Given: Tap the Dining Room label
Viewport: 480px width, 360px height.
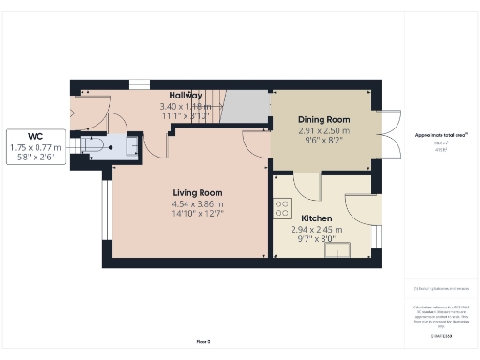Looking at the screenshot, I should pos(323,120).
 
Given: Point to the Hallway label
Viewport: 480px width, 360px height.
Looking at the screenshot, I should pos(186,96).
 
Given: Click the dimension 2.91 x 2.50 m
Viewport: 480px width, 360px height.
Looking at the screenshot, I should pos(323,131).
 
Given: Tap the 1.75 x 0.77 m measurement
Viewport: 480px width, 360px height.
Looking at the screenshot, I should pos(37,147).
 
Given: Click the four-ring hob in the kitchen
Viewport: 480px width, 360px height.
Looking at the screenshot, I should pos(280,208).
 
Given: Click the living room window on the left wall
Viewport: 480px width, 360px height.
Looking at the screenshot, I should pos(105,212).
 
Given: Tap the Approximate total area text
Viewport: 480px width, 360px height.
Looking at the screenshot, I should pos(441,135).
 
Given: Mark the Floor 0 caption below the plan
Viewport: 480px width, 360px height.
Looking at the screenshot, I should pos(202,342).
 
